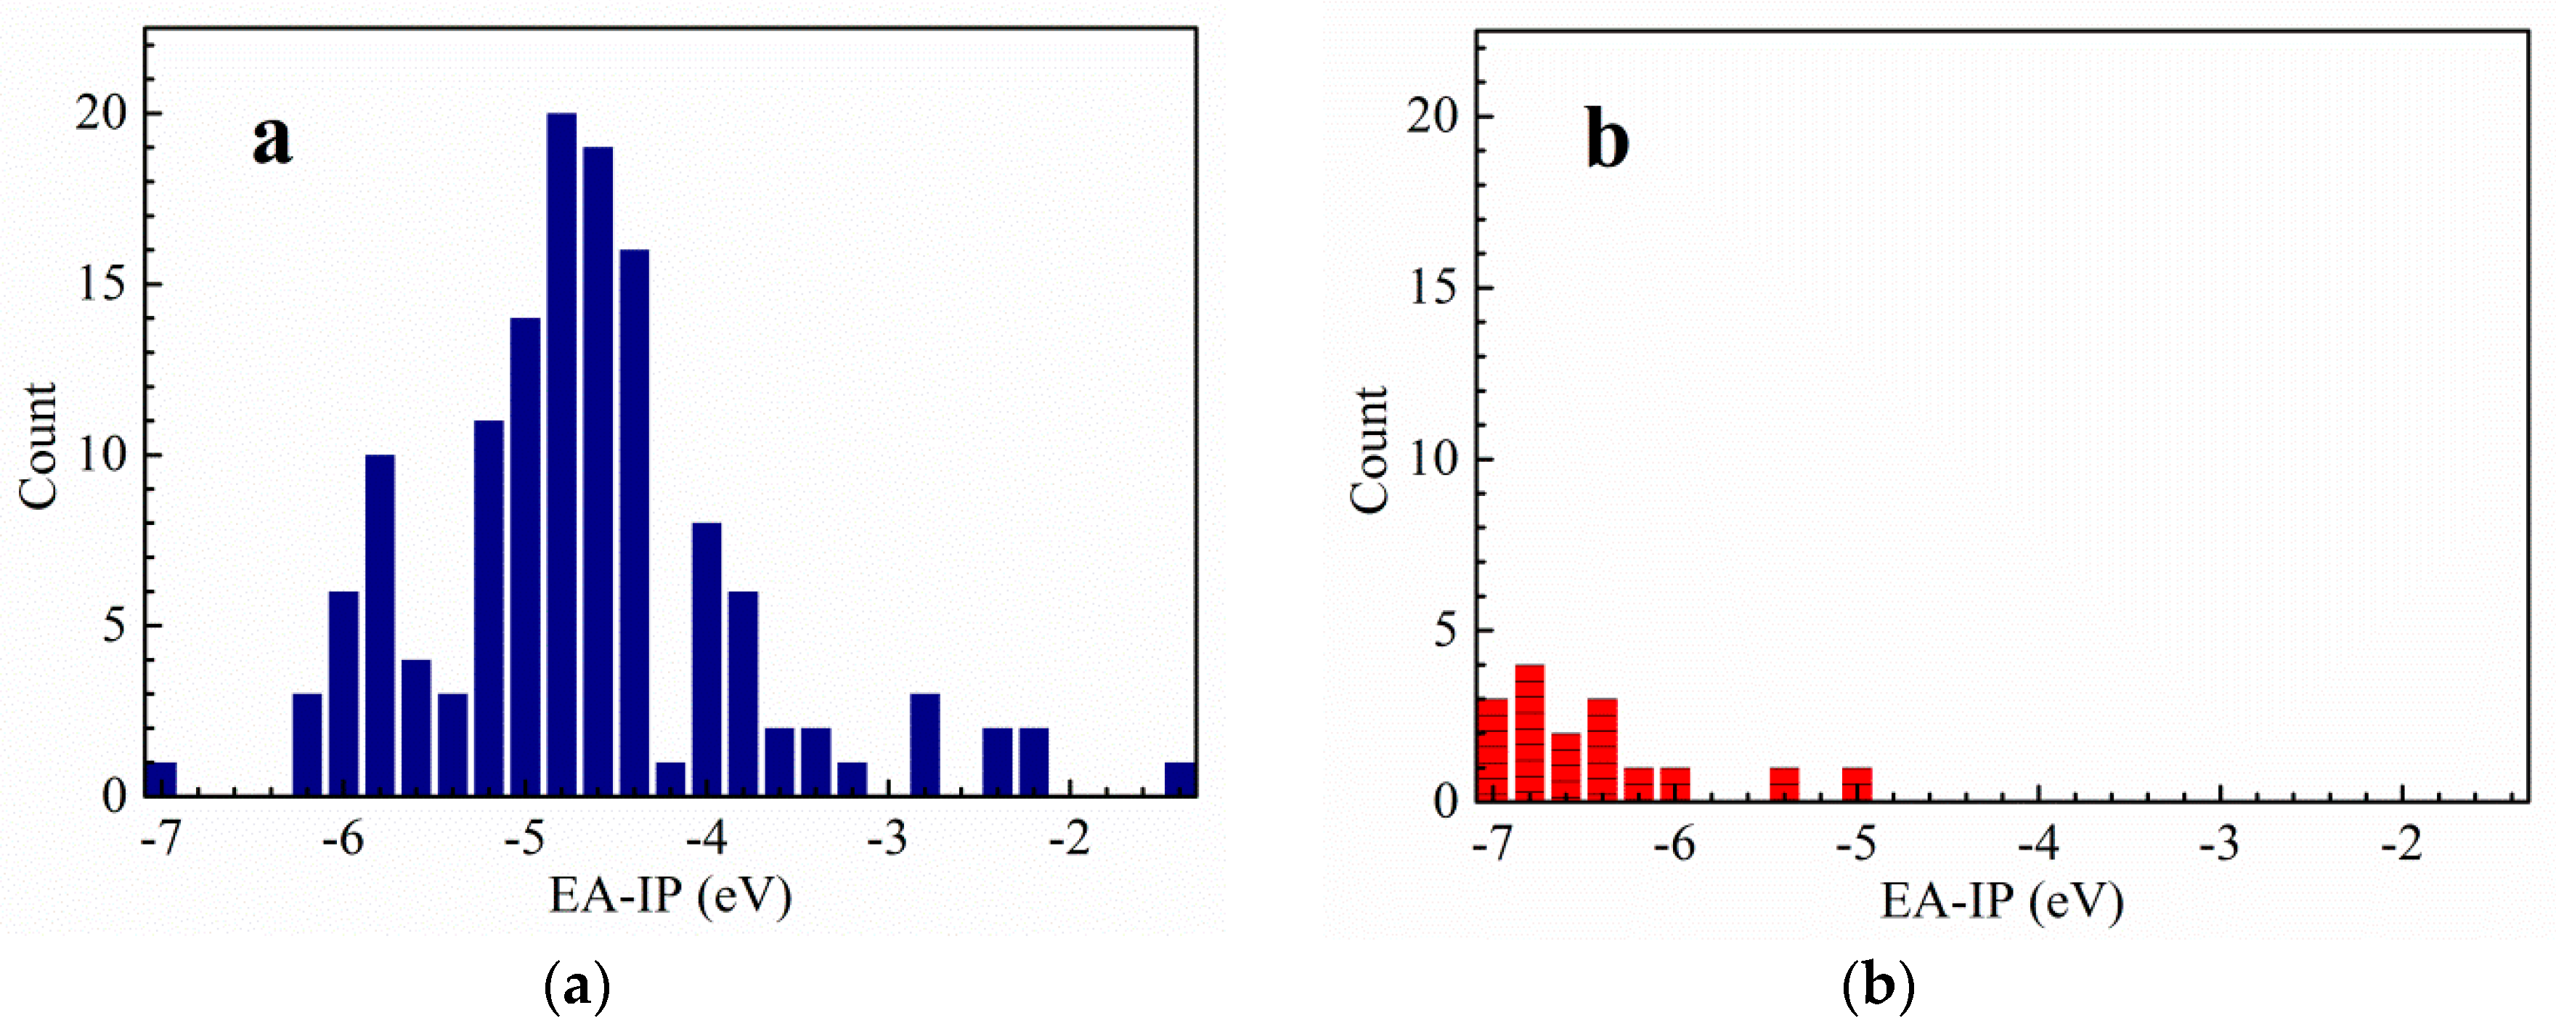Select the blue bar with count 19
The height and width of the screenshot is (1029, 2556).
tap(598, 471)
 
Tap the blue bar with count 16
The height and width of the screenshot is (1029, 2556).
tap(634, 523)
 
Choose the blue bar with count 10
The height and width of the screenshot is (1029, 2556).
tap(380, 625)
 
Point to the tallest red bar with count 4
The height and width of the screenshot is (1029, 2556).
tap(1529, 732)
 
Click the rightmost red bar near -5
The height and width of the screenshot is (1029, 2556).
tap(1857, 783)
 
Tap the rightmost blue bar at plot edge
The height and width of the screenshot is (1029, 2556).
tap(1180, 779)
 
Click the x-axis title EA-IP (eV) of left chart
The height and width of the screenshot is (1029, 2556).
tap(671, 896)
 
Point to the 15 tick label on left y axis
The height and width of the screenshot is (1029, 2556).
tap(102, 285)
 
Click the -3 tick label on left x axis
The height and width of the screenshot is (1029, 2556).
tap(887, 839)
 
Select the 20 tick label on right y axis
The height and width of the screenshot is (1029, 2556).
tap(1433, 116)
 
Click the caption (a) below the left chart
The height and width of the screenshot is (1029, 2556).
tap(577, 988)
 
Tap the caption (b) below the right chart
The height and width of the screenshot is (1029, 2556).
tap(1877, 988)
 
